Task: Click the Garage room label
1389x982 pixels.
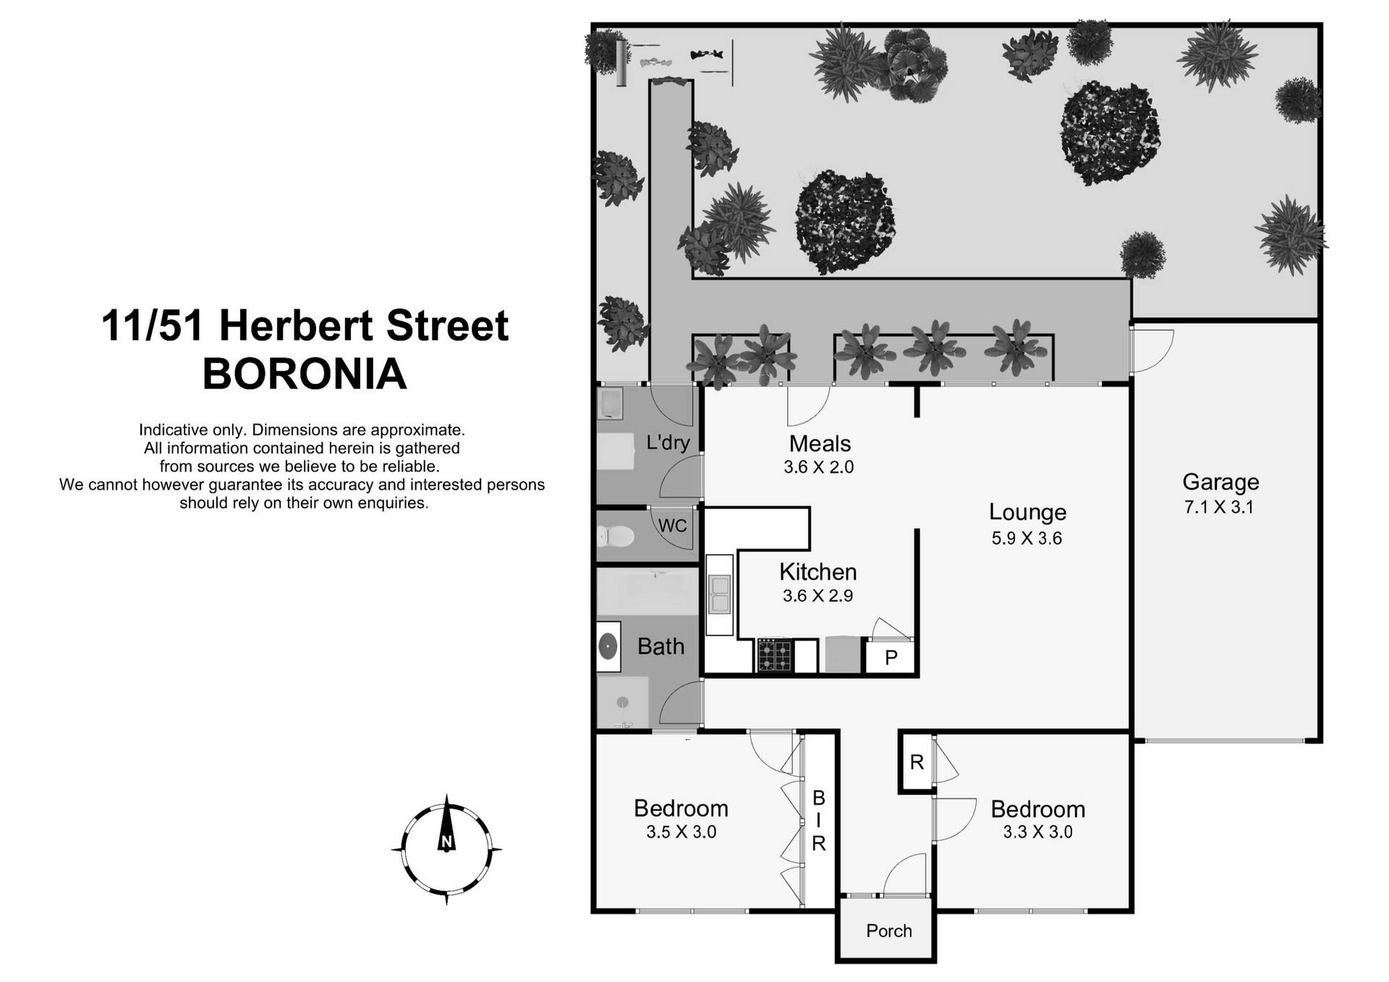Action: (x=1220, y=482)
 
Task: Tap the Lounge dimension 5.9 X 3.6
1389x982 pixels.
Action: (x=1026, y=539)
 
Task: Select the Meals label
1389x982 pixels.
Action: (x=819, y=443)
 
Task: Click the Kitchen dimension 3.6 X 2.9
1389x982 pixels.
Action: (x=817, y=597)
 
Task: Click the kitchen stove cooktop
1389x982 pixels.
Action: (x=773, y=656)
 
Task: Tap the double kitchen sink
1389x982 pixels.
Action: (x=719, y=594)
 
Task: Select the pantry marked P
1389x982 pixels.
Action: (x=891, y=657)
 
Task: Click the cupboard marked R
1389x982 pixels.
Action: (x=917, y=762)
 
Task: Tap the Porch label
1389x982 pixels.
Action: (x=888, y=931)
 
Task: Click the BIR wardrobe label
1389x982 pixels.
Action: (x=818, y=821)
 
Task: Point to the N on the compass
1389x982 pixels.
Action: (x=446, y=842)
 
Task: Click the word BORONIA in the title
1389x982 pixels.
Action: (x=305, y=375)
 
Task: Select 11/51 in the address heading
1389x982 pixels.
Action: (x=153, y=326)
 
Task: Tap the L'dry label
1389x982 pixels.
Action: (x=667, y=443)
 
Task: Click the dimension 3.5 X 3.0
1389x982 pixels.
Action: (x=681, y=832)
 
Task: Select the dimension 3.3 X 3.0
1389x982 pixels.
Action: (x=1037, y=832)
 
